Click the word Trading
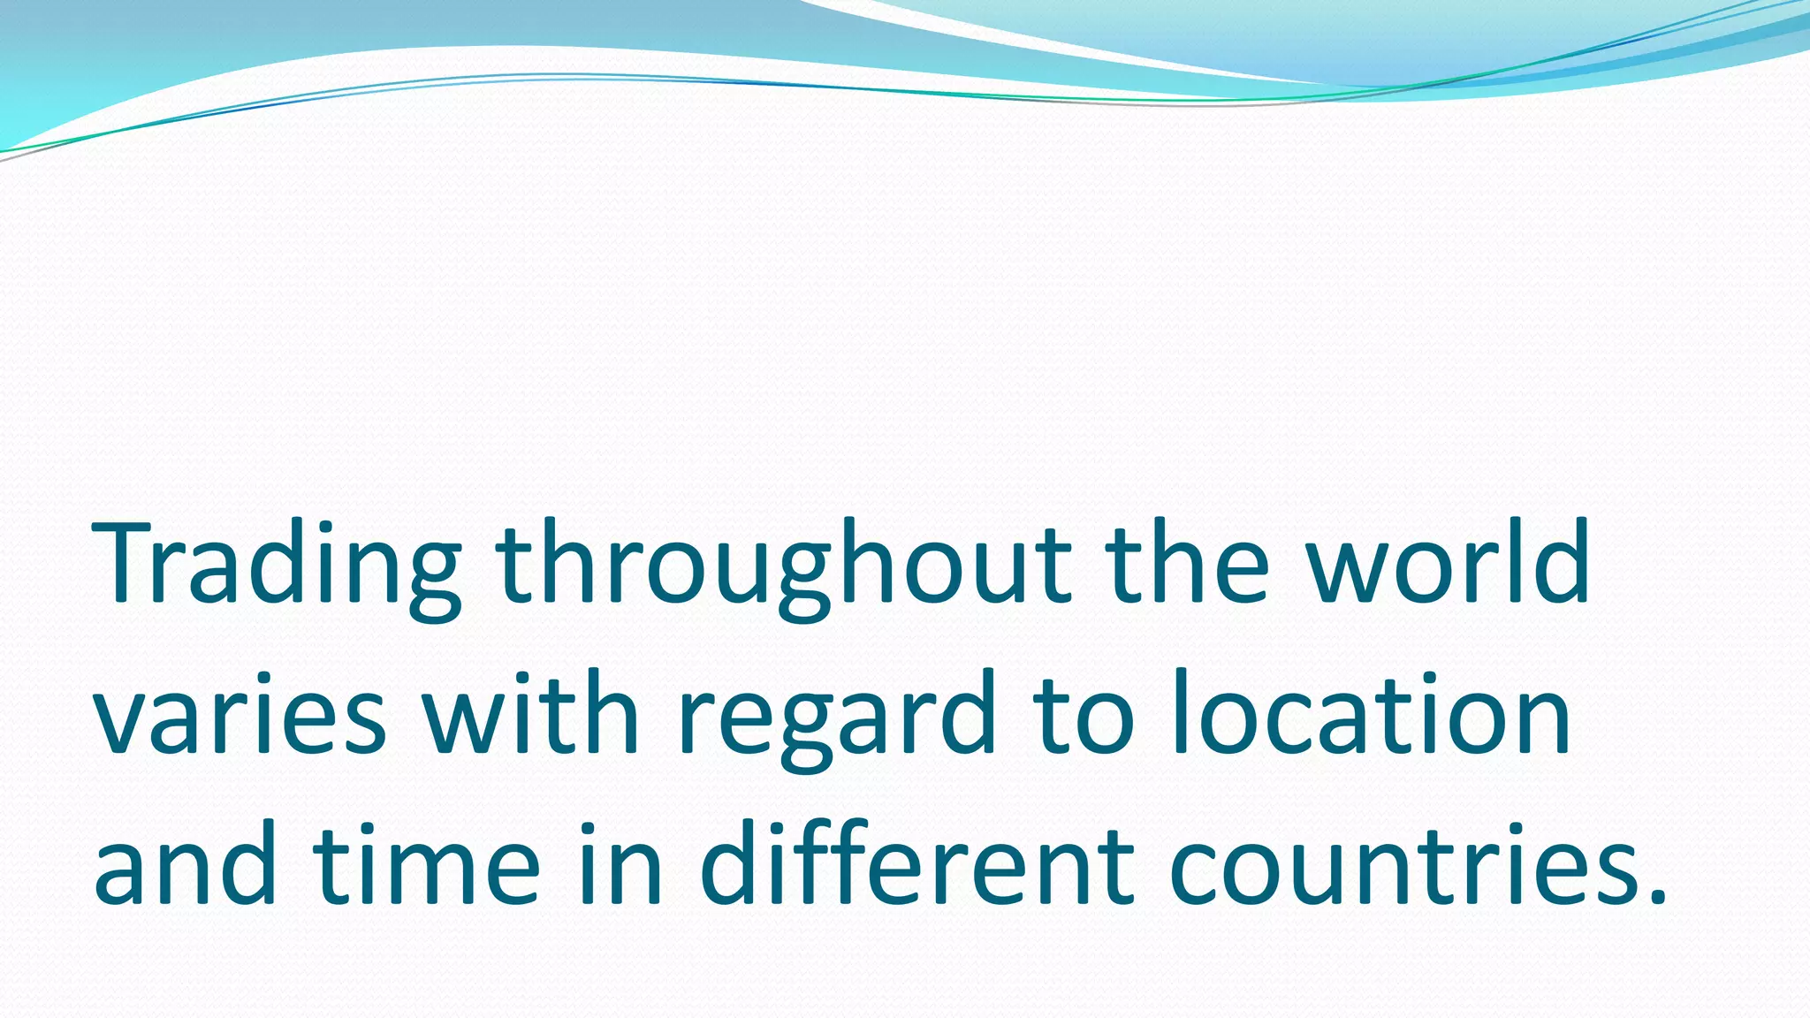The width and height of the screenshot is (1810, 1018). click(x=278, y=566)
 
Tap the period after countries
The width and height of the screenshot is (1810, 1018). click(x=1658, y=896)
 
